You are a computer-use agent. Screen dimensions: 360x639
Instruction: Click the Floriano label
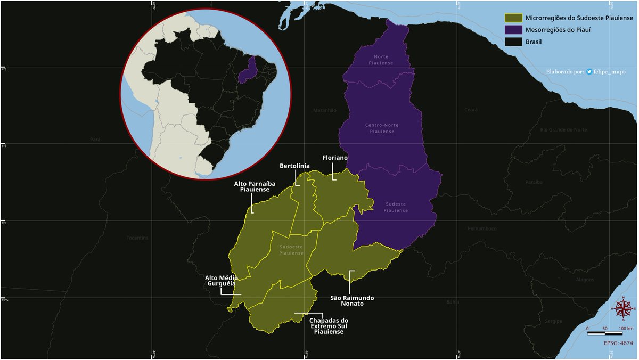335,158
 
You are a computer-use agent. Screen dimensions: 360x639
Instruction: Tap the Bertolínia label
294,166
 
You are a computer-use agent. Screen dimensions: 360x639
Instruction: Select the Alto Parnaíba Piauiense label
251,186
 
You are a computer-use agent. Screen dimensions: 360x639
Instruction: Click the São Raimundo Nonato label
352,301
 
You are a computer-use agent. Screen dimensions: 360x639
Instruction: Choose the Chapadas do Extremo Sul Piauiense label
329,326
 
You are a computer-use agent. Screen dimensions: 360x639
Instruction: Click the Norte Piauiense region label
381,60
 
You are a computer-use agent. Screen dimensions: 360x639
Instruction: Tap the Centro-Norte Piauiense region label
381,128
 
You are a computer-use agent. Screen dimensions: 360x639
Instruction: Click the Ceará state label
471,110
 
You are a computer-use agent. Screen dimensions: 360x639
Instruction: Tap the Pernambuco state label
482,228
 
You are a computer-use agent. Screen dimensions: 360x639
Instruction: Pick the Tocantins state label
137,238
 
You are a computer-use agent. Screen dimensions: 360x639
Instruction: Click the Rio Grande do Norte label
563,130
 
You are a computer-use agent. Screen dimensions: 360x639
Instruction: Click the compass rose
623,308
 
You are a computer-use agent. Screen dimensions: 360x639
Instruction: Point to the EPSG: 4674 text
618,343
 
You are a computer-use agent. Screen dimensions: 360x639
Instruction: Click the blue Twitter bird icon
589,72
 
